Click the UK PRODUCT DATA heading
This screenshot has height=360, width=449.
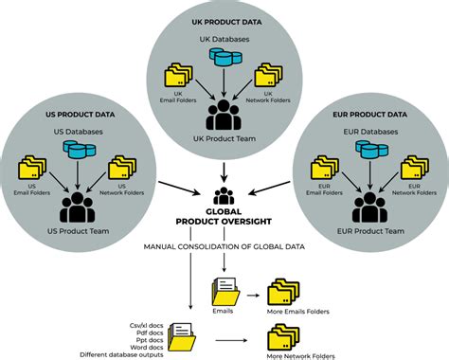pyautogui.click(x=224, y=21)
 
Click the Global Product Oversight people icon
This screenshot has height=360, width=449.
pyautogui.click(x=224, y=195)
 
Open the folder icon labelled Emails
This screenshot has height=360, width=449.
pyautogui.click(x=225, y=287)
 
